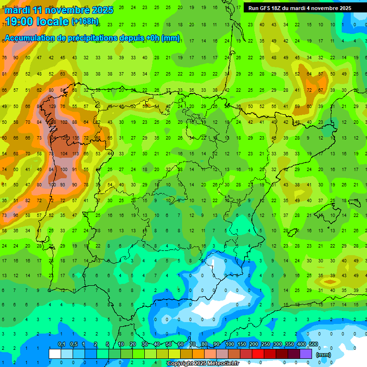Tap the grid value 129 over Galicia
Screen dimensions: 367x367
point(53,106)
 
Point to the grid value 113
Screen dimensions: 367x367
point(76,154)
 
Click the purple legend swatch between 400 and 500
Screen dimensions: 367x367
point(306,354)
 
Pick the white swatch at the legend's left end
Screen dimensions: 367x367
point(55,354)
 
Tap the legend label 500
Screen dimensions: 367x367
point(313,345)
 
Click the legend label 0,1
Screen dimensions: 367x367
point(61,345)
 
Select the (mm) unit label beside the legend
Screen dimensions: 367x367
point(324,355)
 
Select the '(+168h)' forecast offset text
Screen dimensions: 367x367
point(86,22)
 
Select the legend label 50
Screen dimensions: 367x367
point(168,345)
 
